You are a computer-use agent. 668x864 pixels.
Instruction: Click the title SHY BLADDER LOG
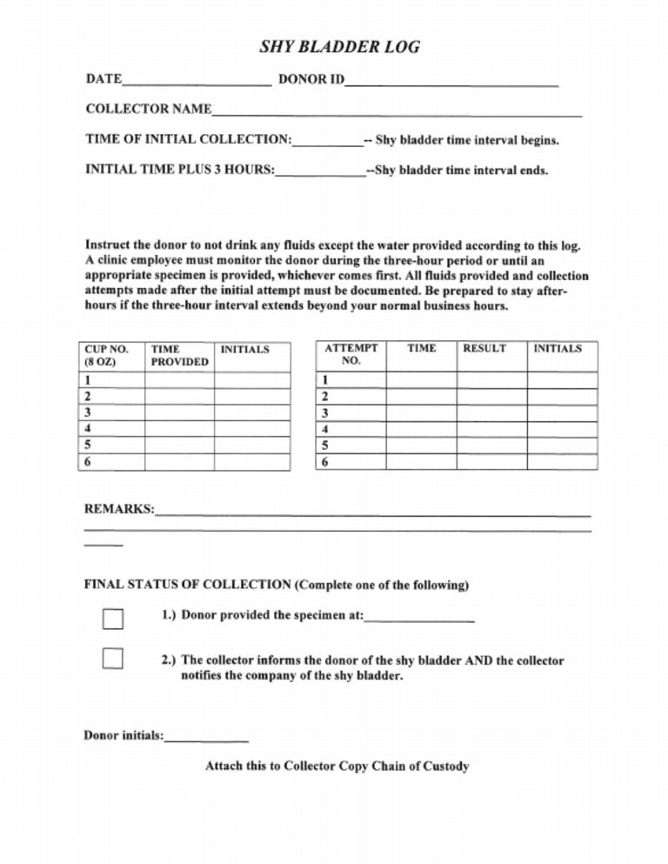pyautogui.click(x=340, y=47)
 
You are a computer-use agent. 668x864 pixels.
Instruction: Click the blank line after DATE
pyautogui.click(x=197, y=81)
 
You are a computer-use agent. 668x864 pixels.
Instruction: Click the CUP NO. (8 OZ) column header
pyautogui.click(x=111, y=355)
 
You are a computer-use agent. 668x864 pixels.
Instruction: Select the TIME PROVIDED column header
pyautogui.click(x=179, y=355)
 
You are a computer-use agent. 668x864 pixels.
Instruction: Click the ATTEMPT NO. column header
pyautogui.click(x=351, y=354)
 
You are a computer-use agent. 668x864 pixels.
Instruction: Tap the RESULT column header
pyautogui.click(x=484, y=349)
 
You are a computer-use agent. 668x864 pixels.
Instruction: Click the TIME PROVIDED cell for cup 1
pyautogui.click(x=179, y=380)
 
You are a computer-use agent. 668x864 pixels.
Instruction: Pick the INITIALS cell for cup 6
pyautogui.click(x=252, y=462)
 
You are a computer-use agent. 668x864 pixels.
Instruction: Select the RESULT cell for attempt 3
pyautogui.click(x=491, y=412)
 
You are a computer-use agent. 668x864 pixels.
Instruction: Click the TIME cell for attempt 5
pyautogui.click(x=421, y=445)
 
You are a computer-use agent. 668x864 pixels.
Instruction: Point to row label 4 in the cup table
pyautogui.click(x=88, y=428)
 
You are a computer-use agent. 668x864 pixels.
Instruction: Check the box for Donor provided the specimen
pyautogui.click(x=113, y=619)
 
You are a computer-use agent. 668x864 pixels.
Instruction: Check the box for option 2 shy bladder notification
pyautogui.click(x=113, y=659)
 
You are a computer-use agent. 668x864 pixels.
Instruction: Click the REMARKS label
pyautogui.click(x=119, y=509)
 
